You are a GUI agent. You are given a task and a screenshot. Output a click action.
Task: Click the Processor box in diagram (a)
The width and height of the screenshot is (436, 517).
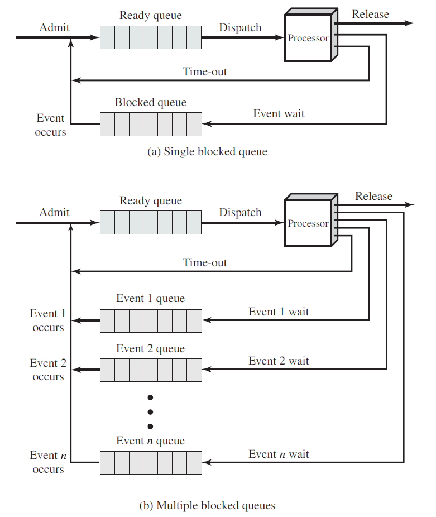coord(308,38)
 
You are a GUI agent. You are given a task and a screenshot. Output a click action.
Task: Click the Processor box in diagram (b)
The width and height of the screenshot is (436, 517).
coord(308,223)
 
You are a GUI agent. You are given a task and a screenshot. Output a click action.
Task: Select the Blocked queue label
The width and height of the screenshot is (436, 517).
coord(151,103)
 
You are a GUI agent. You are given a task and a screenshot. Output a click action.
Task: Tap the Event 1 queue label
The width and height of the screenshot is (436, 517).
coord(150,299)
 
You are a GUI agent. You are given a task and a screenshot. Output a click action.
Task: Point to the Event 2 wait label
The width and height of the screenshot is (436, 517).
coord(279,361)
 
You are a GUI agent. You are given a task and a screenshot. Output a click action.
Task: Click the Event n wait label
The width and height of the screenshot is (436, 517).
coord(279,454)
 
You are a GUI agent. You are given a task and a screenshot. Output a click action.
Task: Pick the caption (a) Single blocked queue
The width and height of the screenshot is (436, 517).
coord(207,152)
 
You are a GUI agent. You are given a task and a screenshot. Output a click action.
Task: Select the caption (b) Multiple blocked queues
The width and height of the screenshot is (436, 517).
coord(207,506)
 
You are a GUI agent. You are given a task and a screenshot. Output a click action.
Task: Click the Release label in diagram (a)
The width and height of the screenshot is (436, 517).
coord(370,14)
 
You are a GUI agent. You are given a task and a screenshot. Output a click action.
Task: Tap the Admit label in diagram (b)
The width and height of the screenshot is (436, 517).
coord(54,213)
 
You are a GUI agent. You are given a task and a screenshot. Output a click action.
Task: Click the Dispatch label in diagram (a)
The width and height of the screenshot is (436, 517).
coord(240,27)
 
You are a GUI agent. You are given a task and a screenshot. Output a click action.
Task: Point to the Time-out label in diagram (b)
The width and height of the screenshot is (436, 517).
coord(205,262)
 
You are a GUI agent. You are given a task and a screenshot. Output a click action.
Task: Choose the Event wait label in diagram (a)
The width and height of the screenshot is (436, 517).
coord(279,114)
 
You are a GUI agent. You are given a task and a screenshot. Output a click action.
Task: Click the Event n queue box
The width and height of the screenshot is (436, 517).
coord(151,462)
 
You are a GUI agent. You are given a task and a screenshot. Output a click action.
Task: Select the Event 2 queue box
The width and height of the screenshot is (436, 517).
coord(151,370)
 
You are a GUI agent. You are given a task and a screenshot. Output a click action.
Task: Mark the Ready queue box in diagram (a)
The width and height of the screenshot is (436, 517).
coord(151,37)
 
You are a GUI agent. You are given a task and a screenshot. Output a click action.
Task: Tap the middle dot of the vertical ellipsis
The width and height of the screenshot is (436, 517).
coord(150,412)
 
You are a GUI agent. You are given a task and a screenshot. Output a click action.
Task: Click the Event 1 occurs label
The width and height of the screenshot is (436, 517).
coord(48,320)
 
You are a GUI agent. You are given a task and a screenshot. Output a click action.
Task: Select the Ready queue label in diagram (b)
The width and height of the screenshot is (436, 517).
coord(151,201)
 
